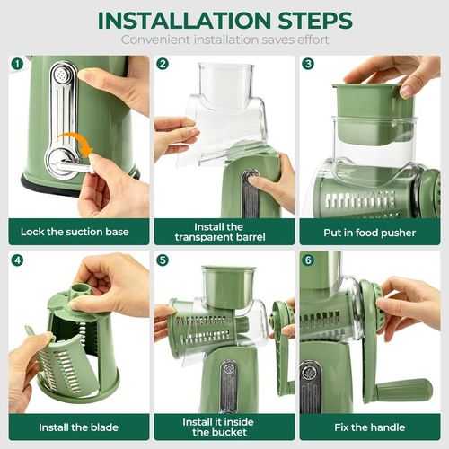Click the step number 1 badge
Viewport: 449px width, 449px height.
click(x=16, y=64)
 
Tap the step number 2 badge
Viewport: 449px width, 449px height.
click(x=163, y=64)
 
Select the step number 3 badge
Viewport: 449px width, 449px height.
click(x=308, y=64)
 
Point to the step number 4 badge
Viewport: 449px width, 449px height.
click(x=16, y=260)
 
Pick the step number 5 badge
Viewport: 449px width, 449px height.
click(x=163, y=260)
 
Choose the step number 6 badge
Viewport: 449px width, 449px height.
click(x=308, y=260)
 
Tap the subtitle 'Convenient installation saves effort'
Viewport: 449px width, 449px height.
click(x=224, y=40)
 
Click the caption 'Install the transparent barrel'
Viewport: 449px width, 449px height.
click(x=223, y=232)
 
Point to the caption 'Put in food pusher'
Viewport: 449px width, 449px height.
click(x=370, y=232)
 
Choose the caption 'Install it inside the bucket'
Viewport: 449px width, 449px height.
click(x=223, y=427)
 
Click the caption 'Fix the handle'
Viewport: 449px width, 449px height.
click(x=370, y=427)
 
